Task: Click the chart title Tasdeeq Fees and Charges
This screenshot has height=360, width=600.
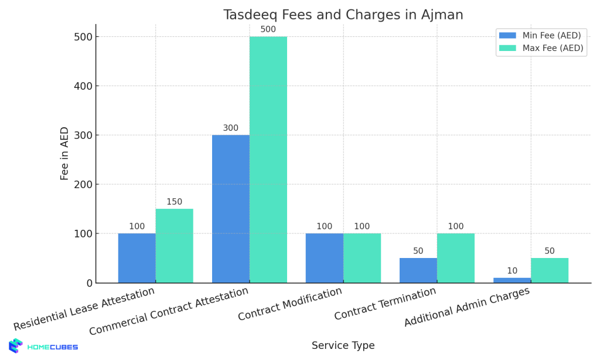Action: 343,15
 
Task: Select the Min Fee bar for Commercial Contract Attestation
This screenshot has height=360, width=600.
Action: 231,209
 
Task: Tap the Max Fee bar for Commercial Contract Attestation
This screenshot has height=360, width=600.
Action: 268,159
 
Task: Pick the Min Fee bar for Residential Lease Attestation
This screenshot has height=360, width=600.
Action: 137,258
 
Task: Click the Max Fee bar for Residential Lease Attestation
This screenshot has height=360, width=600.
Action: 174,246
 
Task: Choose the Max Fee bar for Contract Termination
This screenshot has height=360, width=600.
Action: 455,258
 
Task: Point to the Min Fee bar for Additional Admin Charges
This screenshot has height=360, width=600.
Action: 512,280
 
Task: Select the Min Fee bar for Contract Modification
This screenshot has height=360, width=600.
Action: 324,258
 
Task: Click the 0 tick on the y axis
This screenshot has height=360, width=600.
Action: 89,283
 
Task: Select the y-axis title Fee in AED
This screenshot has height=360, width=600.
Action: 65,153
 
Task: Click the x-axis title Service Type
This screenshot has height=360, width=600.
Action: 343,346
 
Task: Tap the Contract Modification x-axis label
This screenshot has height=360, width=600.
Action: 291,304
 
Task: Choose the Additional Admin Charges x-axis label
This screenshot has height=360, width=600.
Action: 467,307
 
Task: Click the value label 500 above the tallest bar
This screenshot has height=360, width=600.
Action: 268,29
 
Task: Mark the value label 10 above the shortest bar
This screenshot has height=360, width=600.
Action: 512,271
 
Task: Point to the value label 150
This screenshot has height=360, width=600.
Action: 174,202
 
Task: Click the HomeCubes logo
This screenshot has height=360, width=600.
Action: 43,347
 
